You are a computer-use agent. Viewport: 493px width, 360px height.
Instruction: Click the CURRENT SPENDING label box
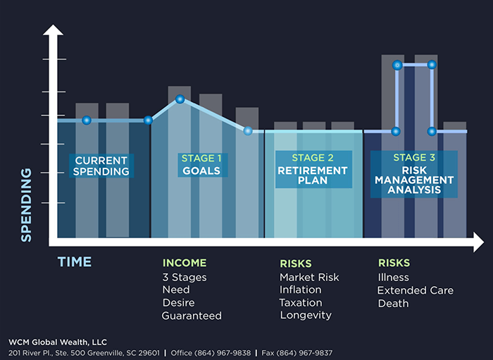(102, 165)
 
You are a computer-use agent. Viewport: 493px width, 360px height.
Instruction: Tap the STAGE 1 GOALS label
(201, 164)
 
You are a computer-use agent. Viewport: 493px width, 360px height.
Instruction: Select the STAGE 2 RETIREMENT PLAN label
(313, 169)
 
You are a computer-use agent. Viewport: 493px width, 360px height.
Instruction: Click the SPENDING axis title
(27, 204)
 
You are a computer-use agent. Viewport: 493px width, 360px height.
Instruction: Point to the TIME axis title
(74, 262)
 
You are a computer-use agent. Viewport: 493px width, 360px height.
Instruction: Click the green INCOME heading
(185, 263)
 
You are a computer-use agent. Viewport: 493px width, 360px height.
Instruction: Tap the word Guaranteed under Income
(192, 316)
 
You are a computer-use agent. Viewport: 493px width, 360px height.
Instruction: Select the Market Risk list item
(309, 277)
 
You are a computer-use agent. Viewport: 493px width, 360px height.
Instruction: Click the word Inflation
(301, 290)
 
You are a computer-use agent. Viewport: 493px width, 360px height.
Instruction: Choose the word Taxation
(301, 302)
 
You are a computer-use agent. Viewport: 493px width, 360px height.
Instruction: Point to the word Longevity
(306, 315)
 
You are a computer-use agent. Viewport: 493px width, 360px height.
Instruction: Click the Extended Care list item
(416, 290)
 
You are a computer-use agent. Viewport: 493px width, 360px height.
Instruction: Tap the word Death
(393, 303)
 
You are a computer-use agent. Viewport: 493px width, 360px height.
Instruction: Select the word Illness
(394, 278)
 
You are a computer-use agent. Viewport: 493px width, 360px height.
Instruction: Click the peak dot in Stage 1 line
(180, 99)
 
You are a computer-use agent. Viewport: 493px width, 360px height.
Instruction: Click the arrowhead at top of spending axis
(50, 31)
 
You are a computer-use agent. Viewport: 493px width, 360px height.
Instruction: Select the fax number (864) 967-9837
(306, 352)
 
